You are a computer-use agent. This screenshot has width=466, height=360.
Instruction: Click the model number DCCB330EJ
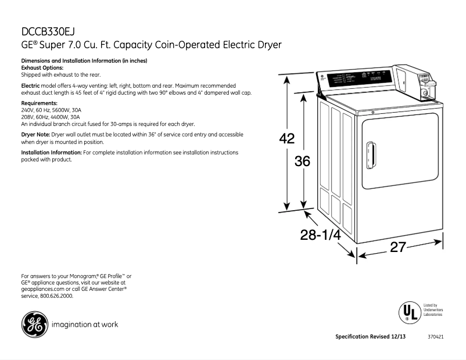pyautogui.click(x=48, y=32)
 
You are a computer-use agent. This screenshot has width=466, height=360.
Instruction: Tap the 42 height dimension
pyautogui.click(x=287, y=139)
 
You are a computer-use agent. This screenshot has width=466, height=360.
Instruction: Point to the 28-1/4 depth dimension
pyautogui.click(x=320, y=235)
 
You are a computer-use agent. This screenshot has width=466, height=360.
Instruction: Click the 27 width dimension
pyautogui.click(x=397, y=247)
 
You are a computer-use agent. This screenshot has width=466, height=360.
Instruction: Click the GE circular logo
pyautogui.click(x=34, y=325)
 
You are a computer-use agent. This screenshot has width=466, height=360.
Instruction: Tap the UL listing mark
pyautogui.click(x=408, y=312)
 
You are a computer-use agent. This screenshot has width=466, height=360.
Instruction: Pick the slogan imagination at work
pyautogui.click(x=85, y=325)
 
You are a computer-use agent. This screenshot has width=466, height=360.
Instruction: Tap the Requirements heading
pyautogui.click(x=40, y=103)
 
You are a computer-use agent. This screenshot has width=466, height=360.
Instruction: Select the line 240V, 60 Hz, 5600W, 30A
pyautogui.click(x=51, y=110)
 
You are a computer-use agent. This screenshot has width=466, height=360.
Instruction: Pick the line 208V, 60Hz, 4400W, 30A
pyautogui.click(x=51, y=117)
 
